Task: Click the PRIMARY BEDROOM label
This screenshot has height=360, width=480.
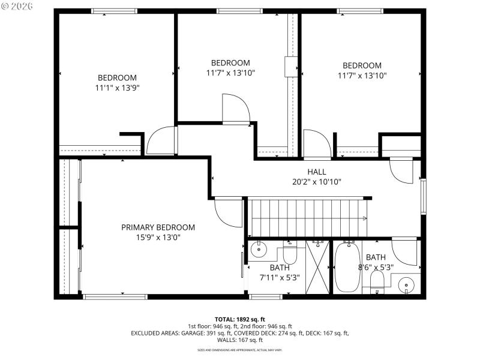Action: click(158, 227)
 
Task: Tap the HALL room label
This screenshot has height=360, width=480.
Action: click(316, 172)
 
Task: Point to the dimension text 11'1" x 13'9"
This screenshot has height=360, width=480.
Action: click(118, 88)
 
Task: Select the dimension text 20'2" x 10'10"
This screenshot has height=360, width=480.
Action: click(316, 182)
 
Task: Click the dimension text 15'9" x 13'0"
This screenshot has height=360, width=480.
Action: click(158, 237)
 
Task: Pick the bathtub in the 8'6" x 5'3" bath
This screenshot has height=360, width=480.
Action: click(347, 266)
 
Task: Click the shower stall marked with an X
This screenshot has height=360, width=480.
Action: click(318, 267)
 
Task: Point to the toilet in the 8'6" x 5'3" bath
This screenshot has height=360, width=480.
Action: click(377, 282)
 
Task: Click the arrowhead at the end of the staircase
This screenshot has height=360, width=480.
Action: click(364, 218)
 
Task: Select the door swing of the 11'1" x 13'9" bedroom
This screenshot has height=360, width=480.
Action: click(161, 142)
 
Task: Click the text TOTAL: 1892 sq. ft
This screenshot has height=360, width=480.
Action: click(240, 319)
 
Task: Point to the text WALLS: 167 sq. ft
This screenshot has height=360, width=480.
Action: click(240, 340)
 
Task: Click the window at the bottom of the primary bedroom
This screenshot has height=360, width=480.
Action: click(115, 296)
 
